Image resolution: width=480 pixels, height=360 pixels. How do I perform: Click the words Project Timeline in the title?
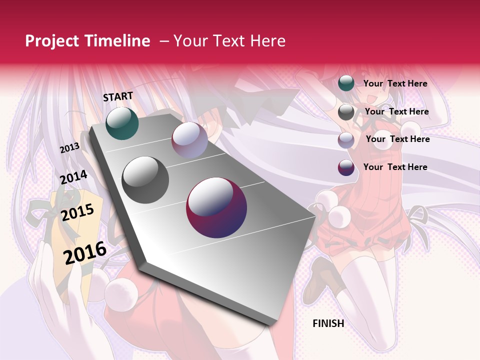(x=87, y=41)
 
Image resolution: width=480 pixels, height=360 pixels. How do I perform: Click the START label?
(x=118, y=96)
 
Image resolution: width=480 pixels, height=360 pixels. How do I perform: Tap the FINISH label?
(x=328, y=323)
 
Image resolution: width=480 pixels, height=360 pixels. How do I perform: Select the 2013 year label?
(x=69, y=148)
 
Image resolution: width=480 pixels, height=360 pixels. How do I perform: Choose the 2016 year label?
(x=85, y=252)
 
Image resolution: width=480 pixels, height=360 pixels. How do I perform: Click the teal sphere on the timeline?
(x=122, y=123)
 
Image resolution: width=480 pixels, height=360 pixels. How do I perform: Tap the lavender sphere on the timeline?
(x=189, y=140)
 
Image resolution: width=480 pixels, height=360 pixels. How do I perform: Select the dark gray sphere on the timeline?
(x=145, y=179)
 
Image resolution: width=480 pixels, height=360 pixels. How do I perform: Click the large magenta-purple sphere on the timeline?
(x=216, y=207)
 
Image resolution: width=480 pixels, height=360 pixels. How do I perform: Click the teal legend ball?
(x=346, y=83)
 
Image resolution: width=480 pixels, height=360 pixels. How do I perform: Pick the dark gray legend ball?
(x=346, y=112)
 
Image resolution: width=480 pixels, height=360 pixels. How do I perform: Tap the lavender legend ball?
(x=346, y=140)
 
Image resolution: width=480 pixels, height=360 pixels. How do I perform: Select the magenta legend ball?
(x=346, y=167)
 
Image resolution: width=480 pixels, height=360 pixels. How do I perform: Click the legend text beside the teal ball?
(x=395, y=83)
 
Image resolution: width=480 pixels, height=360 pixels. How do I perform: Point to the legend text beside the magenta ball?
(x=395, y=167)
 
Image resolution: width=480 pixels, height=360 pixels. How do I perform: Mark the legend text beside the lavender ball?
(x=397, y=139)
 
